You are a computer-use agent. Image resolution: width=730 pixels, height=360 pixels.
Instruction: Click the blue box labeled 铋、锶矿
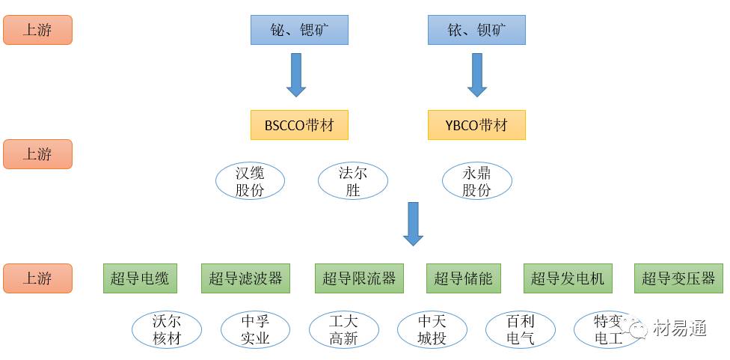click(299, 30)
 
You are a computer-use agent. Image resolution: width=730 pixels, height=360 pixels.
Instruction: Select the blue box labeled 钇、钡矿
click(476, 30)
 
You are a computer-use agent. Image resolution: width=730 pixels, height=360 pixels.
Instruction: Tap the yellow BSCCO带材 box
click(299, 125)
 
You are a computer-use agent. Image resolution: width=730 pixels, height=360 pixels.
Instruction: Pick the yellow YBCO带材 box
click(476, 125)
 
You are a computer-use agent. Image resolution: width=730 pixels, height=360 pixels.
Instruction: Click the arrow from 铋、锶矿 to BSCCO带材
click(297, 74)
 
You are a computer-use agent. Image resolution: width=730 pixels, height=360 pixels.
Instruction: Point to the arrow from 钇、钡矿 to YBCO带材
click(477, 74)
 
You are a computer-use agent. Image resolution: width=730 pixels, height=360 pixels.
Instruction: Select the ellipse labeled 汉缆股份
click(250, 181)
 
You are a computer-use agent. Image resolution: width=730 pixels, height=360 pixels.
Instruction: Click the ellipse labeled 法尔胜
click(353, 181)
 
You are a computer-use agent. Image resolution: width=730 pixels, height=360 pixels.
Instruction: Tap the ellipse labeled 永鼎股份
click(476, 181)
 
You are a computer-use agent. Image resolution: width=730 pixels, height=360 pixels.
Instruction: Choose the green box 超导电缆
click(140, 278)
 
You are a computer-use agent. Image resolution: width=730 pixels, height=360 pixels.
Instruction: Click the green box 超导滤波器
click(245, 278)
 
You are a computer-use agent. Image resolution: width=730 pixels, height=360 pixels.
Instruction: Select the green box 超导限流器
click(359, 278)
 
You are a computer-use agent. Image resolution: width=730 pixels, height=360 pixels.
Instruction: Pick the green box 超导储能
click(464, 278)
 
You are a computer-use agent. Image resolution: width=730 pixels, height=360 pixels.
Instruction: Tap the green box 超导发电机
click(568, 278)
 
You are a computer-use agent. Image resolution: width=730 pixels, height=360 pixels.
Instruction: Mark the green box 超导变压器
click(678, 278)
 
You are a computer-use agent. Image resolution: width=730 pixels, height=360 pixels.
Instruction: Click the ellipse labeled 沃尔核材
click(167, 329)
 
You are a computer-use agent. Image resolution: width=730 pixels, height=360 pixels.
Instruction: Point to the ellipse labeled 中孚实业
click(255, 329)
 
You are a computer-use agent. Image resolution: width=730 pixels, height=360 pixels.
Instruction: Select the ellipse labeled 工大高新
click(344, 329)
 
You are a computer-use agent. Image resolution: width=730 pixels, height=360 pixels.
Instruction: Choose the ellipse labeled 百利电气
click(521, 329)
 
